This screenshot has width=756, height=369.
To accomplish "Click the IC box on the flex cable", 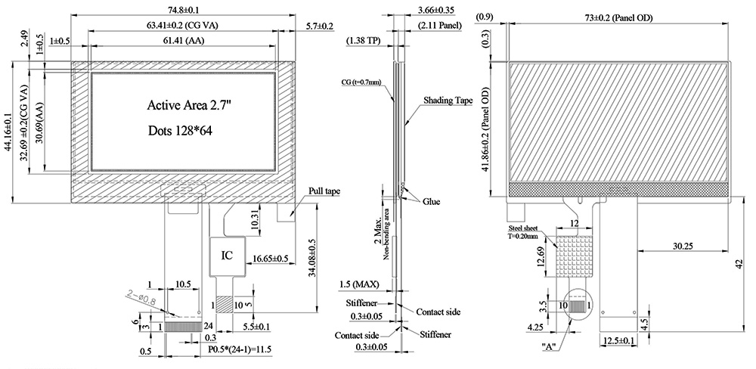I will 227,256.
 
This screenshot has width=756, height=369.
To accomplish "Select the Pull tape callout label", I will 324,192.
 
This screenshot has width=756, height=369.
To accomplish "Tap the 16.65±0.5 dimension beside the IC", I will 271,258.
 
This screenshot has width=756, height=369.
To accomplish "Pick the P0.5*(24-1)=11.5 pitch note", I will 240,349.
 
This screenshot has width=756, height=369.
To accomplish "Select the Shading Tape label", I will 449,99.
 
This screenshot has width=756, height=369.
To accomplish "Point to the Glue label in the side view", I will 432,202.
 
